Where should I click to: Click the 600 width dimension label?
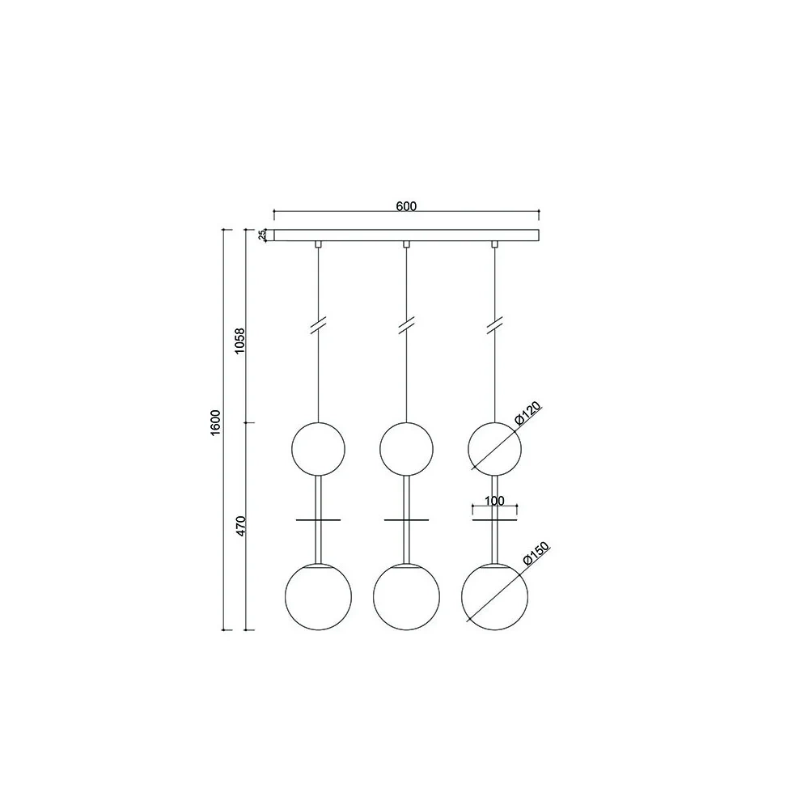coord(406,205)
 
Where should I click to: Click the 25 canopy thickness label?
coord(262,235)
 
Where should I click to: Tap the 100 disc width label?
coord(495,502)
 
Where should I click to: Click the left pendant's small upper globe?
coord(318,447)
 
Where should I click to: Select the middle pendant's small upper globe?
coord(407,447)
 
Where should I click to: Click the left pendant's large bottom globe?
coord(318,595)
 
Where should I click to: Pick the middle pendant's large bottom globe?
coord(407,595)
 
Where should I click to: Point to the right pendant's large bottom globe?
coord(494,595)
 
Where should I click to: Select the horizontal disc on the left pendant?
coord(318,520)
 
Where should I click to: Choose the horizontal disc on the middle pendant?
coord(407,520)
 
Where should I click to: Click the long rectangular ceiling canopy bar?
coord(406,235)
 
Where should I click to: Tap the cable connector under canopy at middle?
coord(407,244)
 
